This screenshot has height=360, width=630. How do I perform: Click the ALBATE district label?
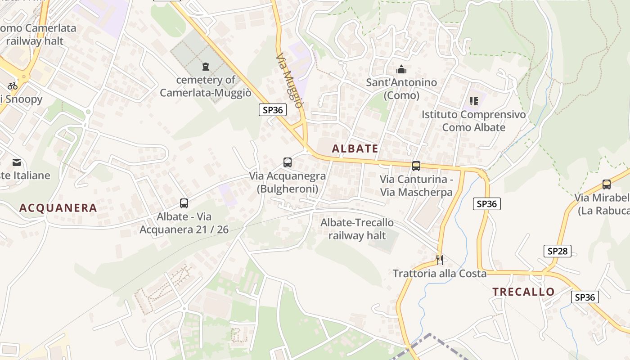coord(355,148)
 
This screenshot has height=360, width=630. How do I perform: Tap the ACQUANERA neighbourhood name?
coord(58,208)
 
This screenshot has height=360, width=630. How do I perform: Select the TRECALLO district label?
coord(523,292)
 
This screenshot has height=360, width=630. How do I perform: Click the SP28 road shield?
coord(557,251)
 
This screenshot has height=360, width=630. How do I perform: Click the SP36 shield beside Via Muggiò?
coord(273,110)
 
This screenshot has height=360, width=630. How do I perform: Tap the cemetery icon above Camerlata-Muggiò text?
coord(206,67)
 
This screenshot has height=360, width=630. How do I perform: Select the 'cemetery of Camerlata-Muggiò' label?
coord(205,86)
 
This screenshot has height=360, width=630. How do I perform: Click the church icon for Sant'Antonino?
coord(401,69)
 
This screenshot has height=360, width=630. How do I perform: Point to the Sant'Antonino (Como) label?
coord(401,89)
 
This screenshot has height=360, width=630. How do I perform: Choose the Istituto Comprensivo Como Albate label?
coord(473,121)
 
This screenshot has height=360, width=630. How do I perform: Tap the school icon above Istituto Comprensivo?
coord(473,101)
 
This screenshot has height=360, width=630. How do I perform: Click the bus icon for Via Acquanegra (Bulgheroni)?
coord(287,162)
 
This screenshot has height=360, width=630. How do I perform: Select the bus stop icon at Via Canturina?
coord(416,166)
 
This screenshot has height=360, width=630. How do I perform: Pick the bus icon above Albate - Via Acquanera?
coord(184,203)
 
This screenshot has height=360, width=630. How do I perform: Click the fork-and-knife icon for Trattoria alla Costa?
coord(440,260)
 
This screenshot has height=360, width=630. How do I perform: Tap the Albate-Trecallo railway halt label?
coord(357,229)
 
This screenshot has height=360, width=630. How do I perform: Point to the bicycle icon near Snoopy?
coord(13,86)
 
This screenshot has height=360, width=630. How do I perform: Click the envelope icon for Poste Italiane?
coord(17,162)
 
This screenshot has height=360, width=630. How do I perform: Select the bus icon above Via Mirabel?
coord(607,184)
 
